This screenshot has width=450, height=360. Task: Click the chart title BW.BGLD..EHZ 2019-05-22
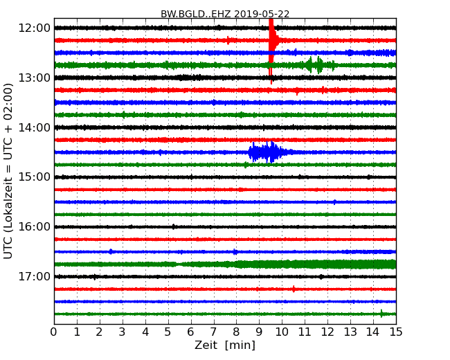(225, 13)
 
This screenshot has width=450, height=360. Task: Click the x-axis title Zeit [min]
(225, 345)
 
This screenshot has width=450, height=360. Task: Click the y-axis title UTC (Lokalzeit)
(8, 171)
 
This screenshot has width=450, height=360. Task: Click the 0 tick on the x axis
(54, 332)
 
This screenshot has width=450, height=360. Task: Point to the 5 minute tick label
(168, 332)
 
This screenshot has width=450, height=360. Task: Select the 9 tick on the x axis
(259, 332)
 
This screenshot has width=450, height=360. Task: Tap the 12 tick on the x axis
(327, 332)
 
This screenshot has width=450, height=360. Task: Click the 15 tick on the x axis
(395, 332)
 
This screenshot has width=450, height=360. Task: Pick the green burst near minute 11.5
(316, 65)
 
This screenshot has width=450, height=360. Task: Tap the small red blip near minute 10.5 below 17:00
(294, 289)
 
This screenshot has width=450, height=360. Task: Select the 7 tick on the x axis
(213, 332)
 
